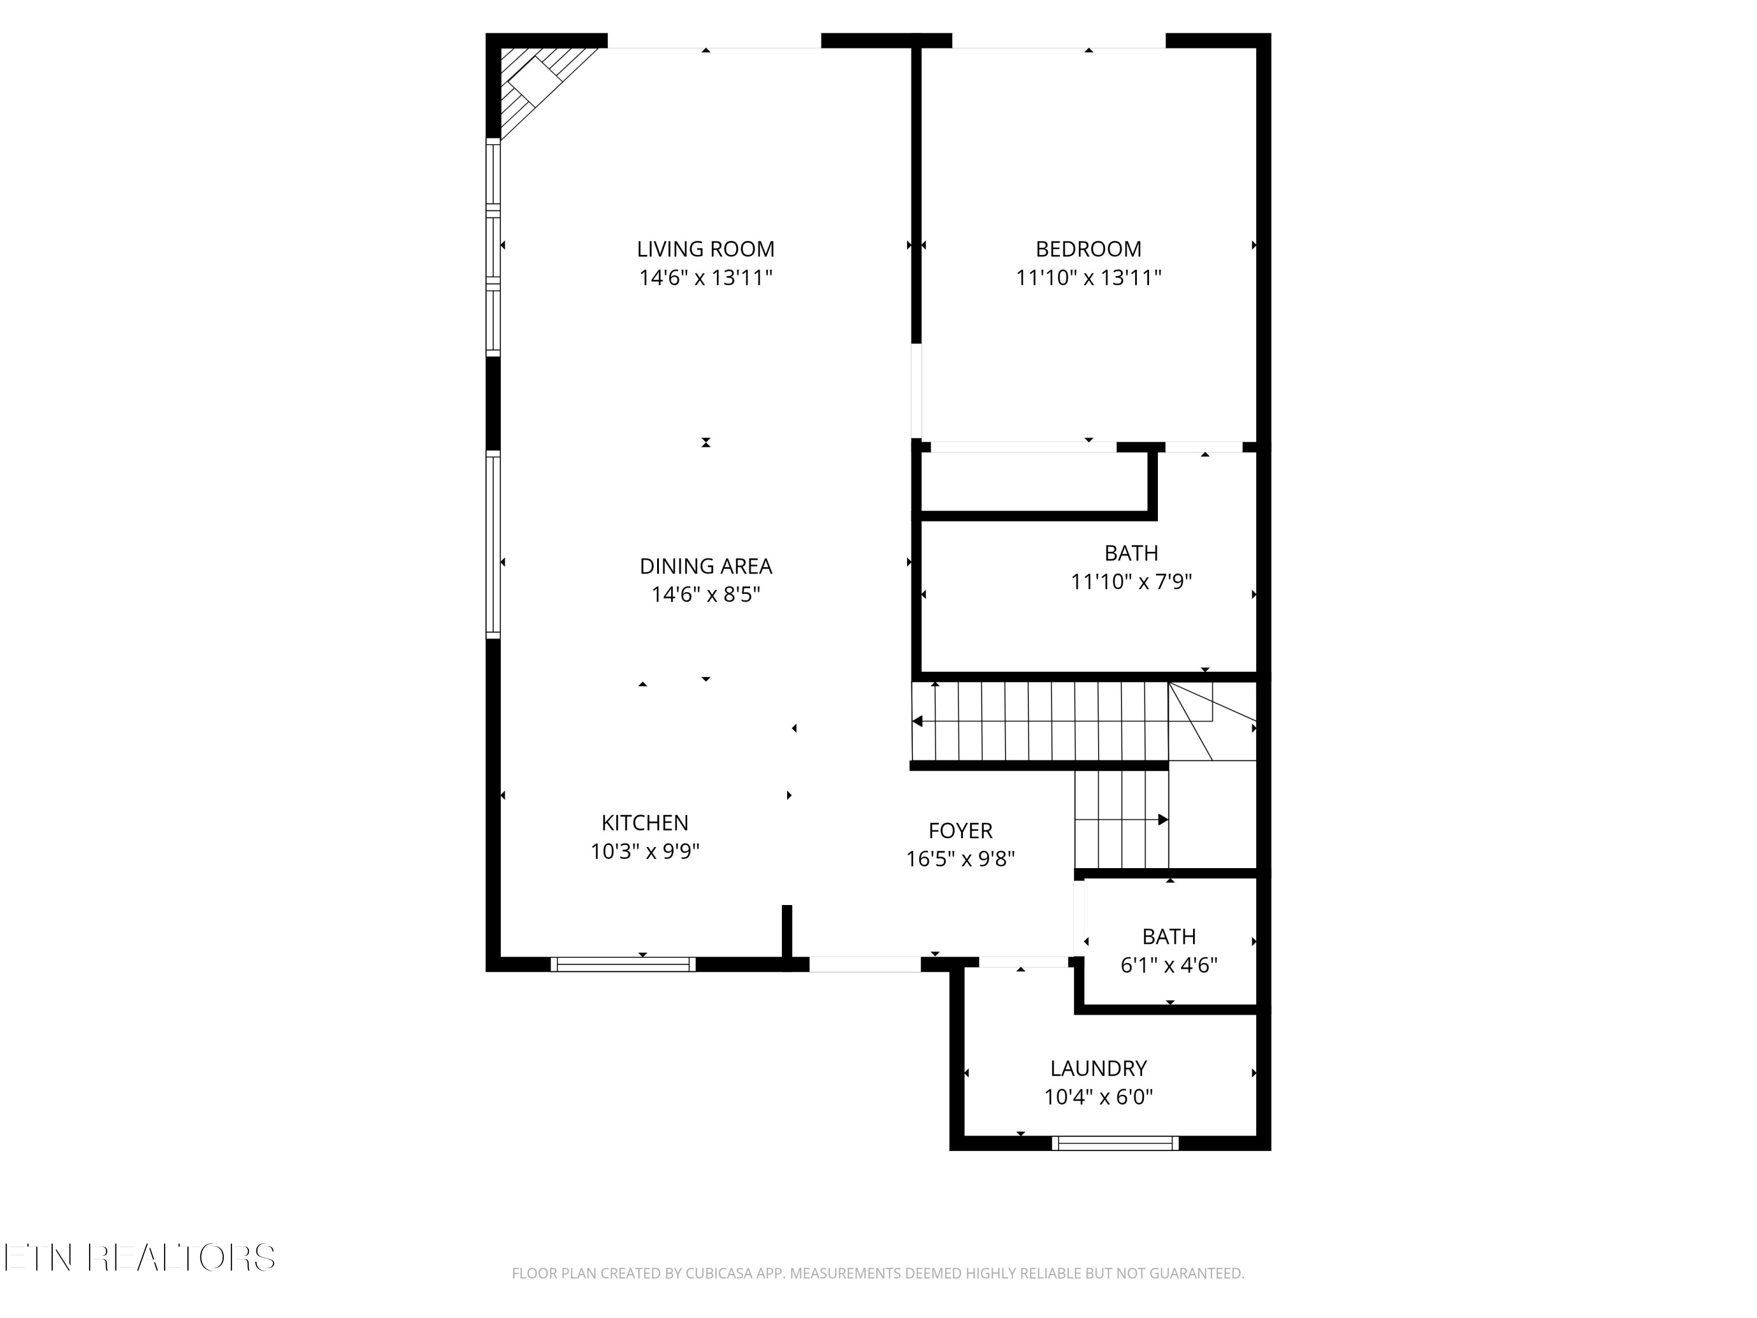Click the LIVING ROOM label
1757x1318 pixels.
click(705, 250)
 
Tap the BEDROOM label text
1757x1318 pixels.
click(1088, 250)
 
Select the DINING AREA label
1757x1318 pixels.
click(705, 566)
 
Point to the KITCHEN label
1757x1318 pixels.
click(644, 823)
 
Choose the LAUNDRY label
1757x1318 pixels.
click(1099, 1068)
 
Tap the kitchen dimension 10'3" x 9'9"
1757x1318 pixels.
click(644, 852)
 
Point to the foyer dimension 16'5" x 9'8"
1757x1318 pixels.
click(960, 859)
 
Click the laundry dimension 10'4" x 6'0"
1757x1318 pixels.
click(1099, 1097)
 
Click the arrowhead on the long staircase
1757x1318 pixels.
click(917, 721)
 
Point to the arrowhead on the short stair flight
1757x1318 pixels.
click(1164, 819)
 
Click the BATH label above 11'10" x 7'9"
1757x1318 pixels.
click(1131, 553)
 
